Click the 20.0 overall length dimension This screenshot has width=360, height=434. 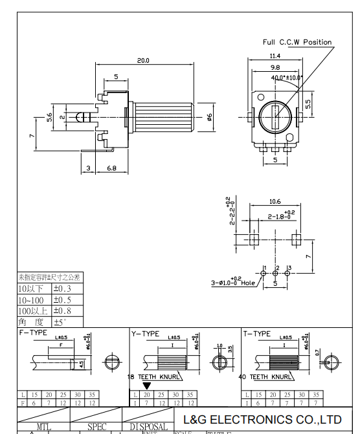pyautogui.click(x=142, y=60)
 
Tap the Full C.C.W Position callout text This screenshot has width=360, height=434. pyautogui.click(x=297, y=42)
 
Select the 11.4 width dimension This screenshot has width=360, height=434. pyautogui.click(x=275, y=56)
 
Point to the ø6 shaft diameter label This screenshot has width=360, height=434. pyautogui.click(x=209, y=117)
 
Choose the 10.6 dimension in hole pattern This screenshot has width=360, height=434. pyautogui.click(x=275, y=201)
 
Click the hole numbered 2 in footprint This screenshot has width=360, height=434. pyautogui.click(x=276, y=274)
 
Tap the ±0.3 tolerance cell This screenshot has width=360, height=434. pyautogui.click(x=63, y=288)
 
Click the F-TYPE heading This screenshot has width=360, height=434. pyautogui.click(x=34, y=333)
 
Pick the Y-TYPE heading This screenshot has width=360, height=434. pyautogui.click(x=146, y=334)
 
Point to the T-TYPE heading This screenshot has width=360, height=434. pyautogui.click(x=257, y=334)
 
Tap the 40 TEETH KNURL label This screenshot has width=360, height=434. pyautogui.click(x=265, y=376)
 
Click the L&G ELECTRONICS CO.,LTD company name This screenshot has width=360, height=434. pyautogui.click(x=262, y=419)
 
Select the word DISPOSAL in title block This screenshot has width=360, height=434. pyautogui.click(x=148, y=427)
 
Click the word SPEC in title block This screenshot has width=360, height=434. pyautogui.click(x=97, y=427)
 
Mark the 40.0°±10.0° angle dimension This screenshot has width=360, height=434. pyautogui.click(x=286, y=78)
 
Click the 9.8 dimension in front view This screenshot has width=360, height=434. pyautogui.click(x=275, y=67)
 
